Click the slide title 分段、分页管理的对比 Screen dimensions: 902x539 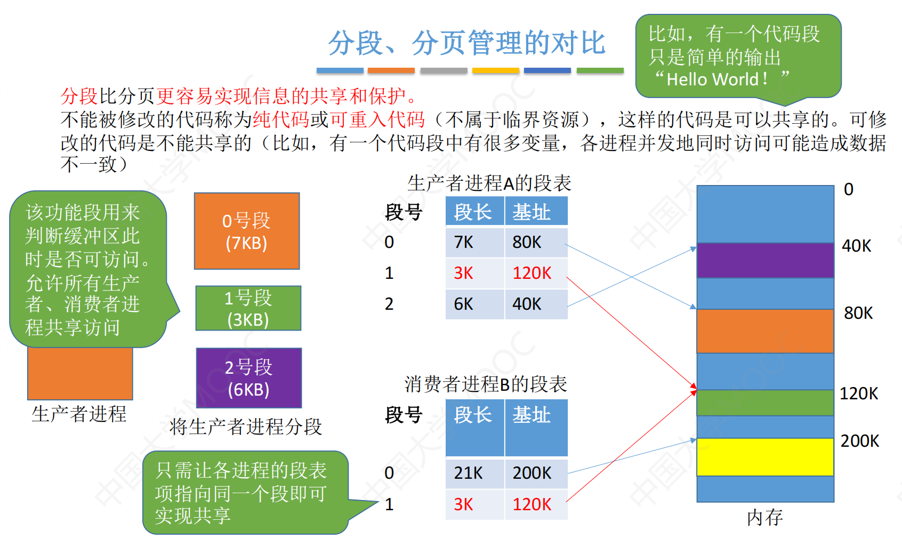pos(466,43)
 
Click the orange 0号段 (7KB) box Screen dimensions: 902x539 pos(247,231)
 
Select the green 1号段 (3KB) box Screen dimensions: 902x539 pos(248,308)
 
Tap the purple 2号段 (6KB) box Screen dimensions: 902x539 pos(249,378)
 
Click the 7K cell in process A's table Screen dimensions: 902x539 pos(475,243)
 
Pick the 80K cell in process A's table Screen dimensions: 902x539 pos(536,243)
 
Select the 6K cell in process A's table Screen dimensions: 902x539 pos(475,304)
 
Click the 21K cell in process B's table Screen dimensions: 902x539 pos(475,473)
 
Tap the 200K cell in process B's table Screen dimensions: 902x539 pos(536,473)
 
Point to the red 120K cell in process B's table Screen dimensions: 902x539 pos(536,504)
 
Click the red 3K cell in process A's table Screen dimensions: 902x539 pos(475,273)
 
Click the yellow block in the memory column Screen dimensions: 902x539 pos(765,457)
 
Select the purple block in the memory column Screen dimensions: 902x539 pos(765,260)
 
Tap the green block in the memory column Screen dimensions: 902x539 pos(765,403)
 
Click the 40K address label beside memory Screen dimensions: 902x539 pos(857,246)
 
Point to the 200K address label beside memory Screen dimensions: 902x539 pos(860,441)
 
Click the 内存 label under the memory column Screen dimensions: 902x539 pos(764,517)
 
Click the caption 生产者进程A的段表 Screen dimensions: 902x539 pos(489,183)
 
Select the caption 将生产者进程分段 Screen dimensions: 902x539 pos(246,427)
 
